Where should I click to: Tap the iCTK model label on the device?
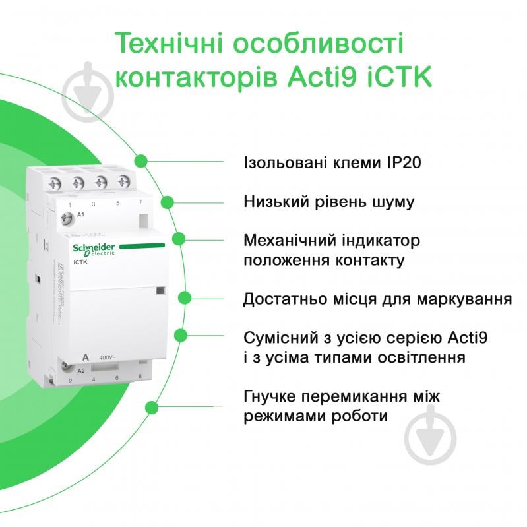coord(78,262)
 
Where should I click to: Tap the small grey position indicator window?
coord(160,290)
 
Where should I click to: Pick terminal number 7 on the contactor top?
coord(140,202)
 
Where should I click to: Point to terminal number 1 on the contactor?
coord(70,204)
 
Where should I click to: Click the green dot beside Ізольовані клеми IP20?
coord(140,160)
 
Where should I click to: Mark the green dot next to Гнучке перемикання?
coord(153,406)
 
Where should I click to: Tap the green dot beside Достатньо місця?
coord(185,298)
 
